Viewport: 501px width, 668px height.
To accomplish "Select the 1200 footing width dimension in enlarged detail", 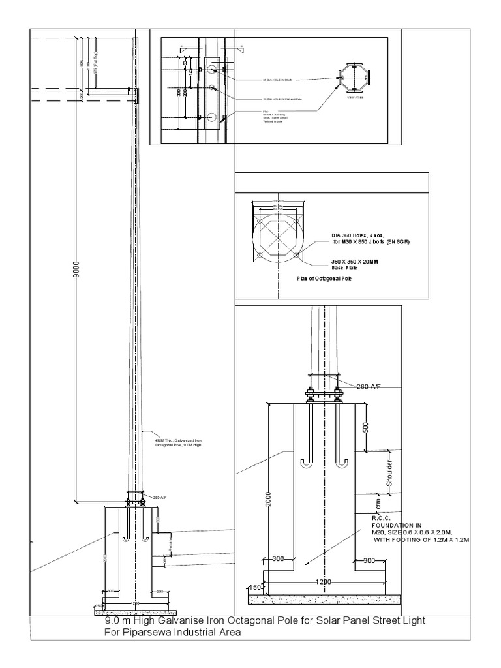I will (x=324, y=581).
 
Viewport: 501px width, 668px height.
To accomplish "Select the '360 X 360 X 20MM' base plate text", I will (x=349, y=262).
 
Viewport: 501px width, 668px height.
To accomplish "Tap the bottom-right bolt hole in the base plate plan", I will (x=297, y=254).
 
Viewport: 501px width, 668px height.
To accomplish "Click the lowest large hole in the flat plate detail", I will (x=211, y=117).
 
